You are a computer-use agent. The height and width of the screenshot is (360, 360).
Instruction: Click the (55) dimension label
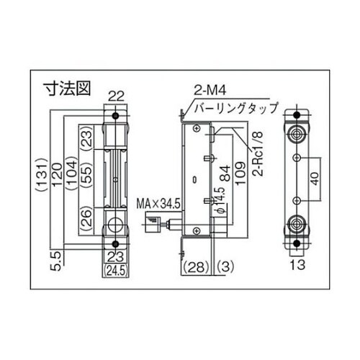pyautogui.click(x=85, y=178)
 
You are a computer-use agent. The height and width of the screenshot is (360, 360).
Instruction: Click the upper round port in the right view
pyautogui.click(x=296, y=135)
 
